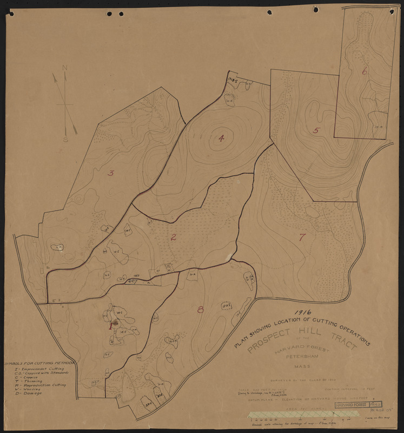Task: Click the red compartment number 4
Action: [x=221, y=138]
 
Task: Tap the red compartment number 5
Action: [x=316, y=130]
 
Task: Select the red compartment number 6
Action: [x=365, y=71]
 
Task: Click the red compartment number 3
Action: [x=110, y=173]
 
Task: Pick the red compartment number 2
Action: [x=174, y=237]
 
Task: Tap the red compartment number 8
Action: [x=201, y=310]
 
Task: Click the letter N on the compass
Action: [x=65, y=68]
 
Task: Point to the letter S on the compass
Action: [x=65, y=139]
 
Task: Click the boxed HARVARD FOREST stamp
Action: [x=352, y=405]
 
